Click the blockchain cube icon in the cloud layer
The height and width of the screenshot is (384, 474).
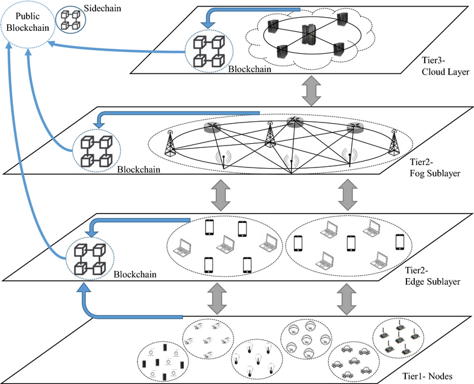click(211, 50)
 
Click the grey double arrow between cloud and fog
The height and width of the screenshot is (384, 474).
click(308, 92)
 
